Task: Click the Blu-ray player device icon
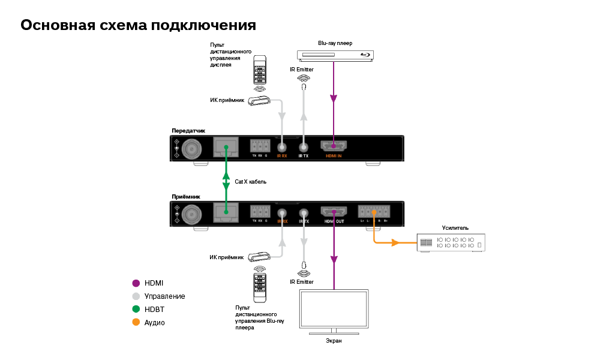tap(335, 55)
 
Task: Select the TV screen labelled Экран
tap(334, 311)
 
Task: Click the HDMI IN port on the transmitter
tap(334, 146)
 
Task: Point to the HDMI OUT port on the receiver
tap(334, 212)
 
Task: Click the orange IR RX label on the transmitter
tap(281, 156)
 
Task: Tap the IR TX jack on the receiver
tap(304, 213)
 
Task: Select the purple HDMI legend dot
tap(136, 283)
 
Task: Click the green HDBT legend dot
tap(136, 310)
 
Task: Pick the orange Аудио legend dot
tap(136, 323)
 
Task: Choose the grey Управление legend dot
tap(136, 296)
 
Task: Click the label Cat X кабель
tap(250, 181)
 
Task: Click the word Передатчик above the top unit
tap(188, 130)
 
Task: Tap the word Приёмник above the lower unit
tap(186, 196)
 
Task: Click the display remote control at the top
tap(260, 71)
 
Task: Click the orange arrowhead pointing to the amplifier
tap(395, 243)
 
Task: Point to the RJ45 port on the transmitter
tap(226, 146)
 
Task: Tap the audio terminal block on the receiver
tap(373, 212)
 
